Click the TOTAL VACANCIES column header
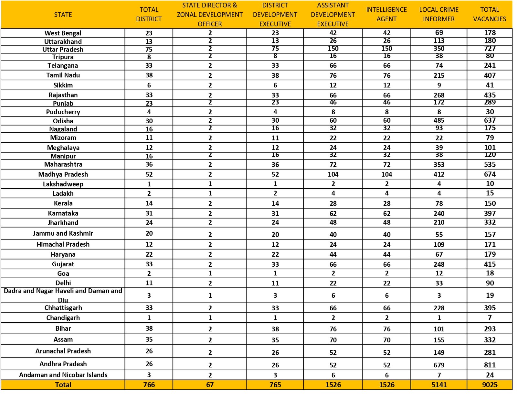point(490,14)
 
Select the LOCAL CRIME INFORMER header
point(438,14)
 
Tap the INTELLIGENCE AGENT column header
point(386,14)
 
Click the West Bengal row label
point(63,33)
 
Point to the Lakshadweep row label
point(63,184)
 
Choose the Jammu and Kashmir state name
point(63,233)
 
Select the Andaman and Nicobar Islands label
point(63,375)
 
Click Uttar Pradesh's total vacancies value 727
point(490,49)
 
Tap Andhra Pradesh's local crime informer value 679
point(439,365)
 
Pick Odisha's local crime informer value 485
point(439,120)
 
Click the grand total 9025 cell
point(490,385)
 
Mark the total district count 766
point(149,385)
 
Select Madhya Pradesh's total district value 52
point(149,174)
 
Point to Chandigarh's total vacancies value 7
point(490,317)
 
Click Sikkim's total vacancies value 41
point(490,85)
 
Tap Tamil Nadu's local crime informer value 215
point(439,75)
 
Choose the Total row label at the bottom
point(63,385)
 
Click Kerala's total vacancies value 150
point(490,203)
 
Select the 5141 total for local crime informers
point(439,385)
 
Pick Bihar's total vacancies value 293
point(490,329)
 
